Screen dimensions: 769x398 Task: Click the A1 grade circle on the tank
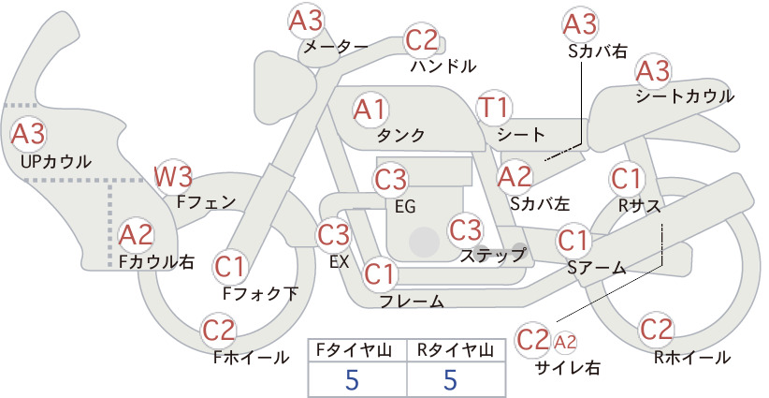pyautogui.click(x=370, y=110)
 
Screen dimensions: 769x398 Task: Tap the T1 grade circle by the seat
pyautogui.click(x=494, y=108)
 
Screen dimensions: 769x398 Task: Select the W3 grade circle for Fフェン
pyautogui.click(x=173, y=177)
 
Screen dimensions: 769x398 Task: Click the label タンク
pyautogui.click(x=400, y=136)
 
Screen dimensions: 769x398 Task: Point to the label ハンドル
pyautogui.click(x=443, y=66)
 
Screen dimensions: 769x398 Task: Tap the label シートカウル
pyautogui.click(x=685, y=96)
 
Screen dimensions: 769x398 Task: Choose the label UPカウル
pyautogui.click(x=56, y=161)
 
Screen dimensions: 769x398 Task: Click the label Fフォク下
pyautogui.click(x=260, y=293)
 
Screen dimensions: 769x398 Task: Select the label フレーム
pyautogui.click(x=412, y=302)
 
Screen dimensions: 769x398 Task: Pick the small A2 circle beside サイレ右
pyautogui.click(x=565, y=342)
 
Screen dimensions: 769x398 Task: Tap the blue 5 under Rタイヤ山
pyautogui.click(x=450, y=380)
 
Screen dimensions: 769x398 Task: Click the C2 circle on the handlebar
pyautogui.click(x=421, y=40)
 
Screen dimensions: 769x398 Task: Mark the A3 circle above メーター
pyautogui.click(x=306, y=22)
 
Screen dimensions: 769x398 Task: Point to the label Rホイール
pyautogui.click(x=691, y=358)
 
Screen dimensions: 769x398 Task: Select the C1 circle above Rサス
pyautogui.click(x=626, y=179)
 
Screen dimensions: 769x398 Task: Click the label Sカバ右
pyautogui.click(x=598, y=52)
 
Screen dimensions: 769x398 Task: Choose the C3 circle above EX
pyautogui.click(x=333, y=234)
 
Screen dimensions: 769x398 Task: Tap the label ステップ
pyautogui.click(x=492, y=256)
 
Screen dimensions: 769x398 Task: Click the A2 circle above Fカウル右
pyautogui.click(x=136, y=235)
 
